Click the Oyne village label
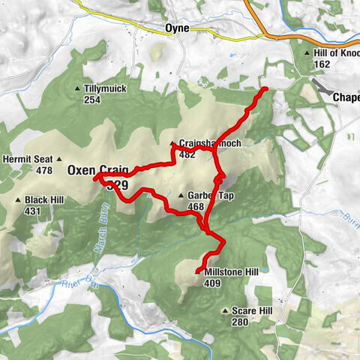point(178,29)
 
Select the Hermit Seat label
point(27,159)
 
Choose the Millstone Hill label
point(234,273)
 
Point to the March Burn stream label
point(98,240)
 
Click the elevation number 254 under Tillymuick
point(92,100)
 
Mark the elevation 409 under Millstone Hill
point(211,283)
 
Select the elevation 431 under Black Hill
point(31,211)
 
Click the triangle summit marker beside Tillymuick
point(77,89)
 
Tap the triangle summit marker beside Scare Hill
point(225,310)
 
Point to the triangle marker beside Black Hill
point(18,200)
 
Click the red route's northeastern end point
point(265,90)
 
